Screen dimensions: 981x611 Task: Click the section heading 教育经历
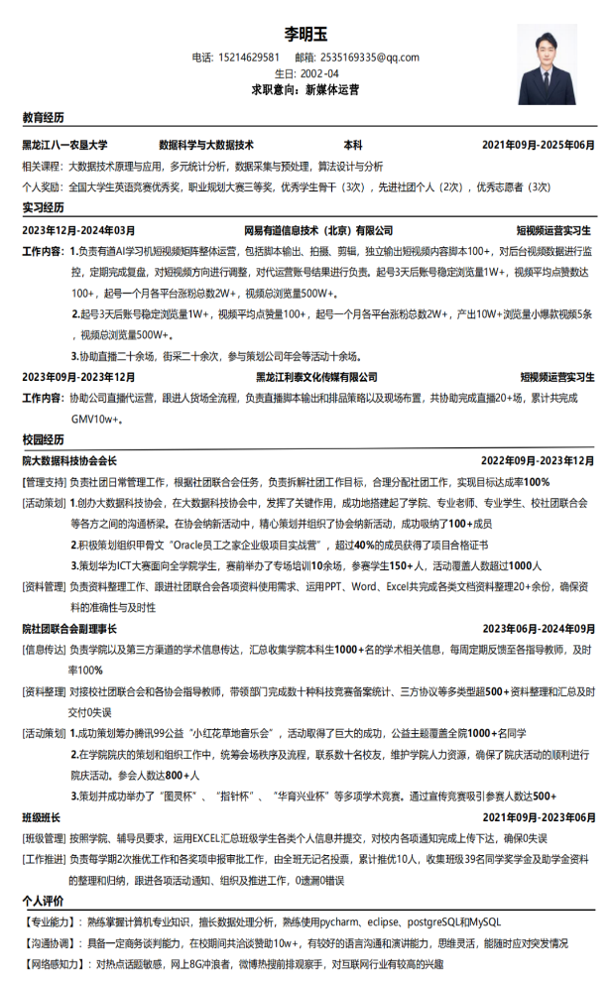pyautogui.click(x=43, y=118)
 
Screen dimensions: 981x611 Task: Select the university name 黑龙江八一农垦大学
pyautogui.click(x=65, y=145)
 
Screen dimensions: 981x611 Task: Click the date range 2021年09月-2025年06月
pyautogui.click(x=539, y=145)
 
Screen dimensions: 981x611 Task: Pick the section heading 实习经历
pyautogui.click(x=43, y=208)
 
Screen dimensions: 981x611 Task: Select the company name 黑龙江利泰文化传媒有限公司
pyautogui.click(x=316, y=378)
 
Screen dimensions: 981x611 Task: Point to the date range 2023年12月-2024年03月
pyautogui.click(x=79, y=231)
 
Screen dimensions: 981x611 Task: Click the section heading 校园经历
pyautogui.click(x=43, y=439)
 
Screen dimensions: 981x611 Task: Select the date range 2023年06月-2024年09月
pyautogui.click(x=539, y=629)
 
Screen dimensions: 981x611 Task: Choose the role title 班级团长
pyautogui.click(x=42, y=817)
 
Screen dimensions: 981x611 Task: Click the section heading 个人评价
pyautogui.click(x=43, y=901)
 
